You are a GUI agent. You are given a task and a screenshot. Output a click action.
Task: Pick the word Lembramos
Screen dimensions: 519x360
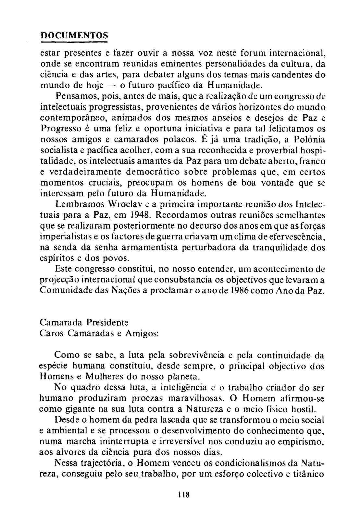(76, 204)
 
